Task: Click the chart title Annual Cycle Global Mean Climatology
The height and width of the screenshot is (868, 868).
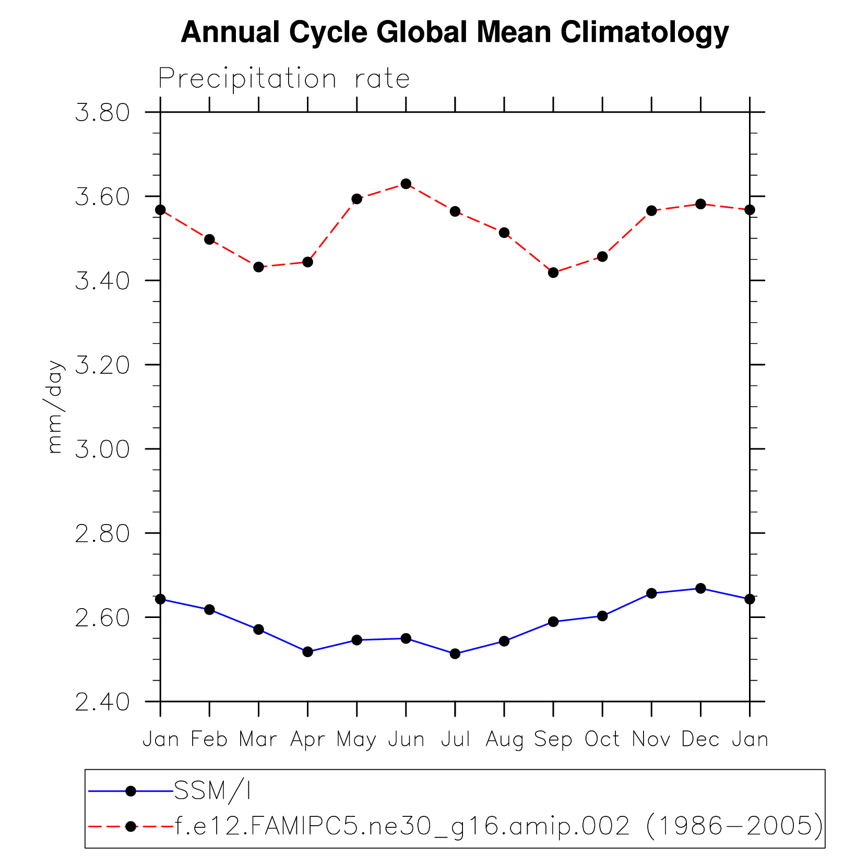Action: (x=454, y=32)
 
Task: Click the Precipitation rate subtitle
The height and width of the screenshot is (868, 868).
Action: (x=284, y=79)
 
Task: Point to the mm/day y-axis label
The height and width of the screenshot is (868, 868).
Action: (x=55, y=407)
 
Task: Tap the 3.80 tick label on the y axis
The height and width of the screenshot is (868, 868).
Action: (x=102, y=113)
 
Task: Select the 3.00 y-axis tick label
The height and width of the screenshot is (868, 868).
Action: (x=102, y=449)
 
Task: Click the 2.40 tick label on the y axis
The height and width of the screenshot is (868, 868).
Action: (x=102, y=702)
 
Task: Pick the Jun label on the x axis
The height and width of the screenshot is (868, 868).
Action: (x=406, y=739)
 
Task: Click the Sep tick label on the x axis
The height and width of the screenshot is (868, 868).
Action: (x=553, y=739)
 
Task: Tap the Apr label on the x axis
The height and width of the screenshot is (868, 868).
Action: (x=307, y=739)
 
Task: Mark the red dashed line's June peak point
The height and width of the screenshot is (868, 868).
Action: (x=406, y=184)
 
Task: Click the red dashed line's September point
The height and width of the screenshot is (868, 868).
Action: (x=553, y=272)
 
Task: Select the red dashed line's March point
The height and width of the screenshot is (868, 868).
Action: (x=258, y=267)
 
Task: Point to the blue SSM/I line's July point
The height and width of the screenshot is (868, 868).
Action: (x=455, y=653)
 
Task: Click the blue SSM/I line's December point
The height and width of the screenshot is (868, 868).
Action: (x=700, y=588)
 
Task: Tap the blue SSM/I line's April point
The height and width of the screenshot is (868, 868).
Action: (x=307, y=651)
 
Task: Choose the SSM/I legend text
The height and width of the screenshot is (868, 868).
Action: (x=212, y=791)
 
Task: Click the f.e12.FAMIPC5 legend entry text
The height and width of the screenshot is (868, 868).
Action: (x=498, y=826)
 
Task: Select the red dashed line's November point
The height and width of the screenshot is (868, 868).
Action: (x=651, y=211)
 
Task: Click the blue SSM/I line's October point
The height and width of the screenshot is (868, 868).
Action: (x=602, y=616)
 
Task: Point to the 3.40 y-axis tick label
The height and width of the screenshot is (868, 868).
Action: (x=102, y=281)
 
